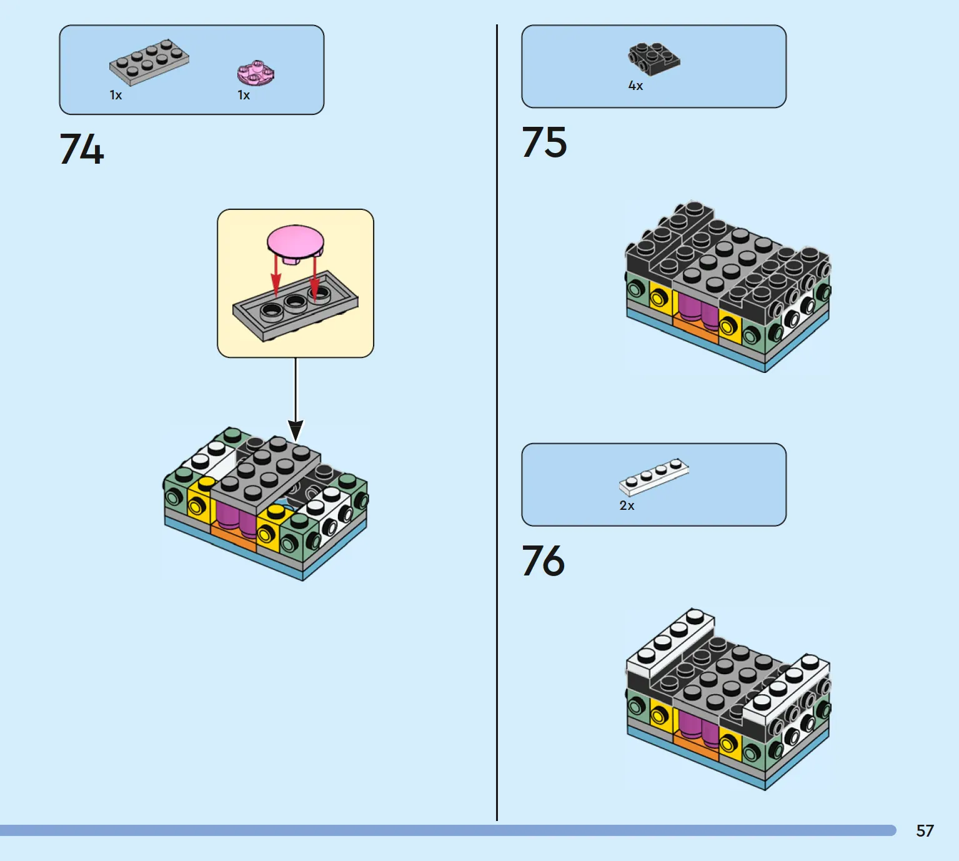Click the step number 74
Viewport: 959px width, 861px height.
82,149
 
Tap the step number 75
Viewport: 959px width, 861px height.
544,142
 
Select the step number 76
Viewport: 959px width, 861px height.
543,560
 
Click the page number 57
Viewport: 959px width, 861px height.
925,830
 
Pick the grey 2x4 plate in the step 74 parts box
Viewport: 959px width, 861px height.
149,62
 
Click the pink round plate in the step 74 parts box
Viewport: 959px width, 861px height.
256,73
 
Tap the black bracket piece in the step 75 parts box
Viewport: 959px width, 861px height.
653,58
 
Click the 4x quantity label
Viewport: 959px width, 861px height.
635,86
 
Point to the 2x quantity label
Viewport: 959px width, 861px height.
627,505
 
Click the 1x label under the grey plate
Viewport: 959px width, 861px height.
116,96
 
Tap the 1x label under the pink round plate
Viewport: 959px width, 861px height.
244,96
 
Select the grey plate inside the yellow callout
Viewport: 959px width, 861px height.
296,307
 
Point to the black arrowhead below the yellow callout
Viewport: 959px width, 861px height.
296,429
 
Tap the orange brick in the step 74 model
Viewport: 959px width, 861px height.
233,536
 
